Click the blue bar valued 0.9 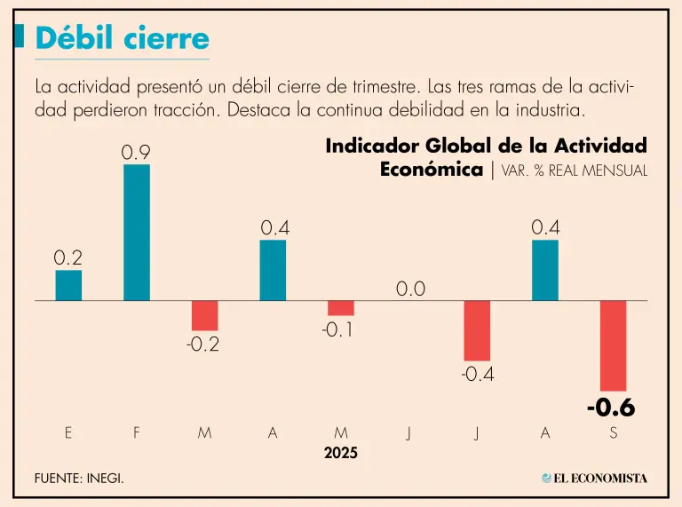click(136, 233)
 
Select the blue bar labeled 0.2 click(68, 285)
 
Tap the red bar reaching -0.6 click(613, 345)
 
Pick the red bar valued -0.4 click(477, 330)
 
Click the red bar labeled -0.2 click(204, 315)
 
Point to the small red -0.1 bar click(341, 308)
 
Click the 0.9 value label click(136, 153)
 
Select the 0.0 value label click(410, 289)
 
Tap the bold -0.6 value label click(611, 408)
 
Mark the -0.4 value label click(477, 375)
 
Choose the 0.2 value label click(68, 258)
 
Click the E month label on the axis click(68, 432)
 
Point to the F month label click(136, 432)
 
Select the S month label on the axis click(614, 432)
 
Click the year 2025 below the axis click(340, 453)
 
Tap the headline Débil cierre click(123, 39)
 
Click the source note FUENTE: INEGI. click(79, 479)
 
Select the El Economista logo click(594, 479)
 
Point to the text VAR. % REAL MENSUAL click(575, 170)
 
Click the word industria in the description click(551, 111)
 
